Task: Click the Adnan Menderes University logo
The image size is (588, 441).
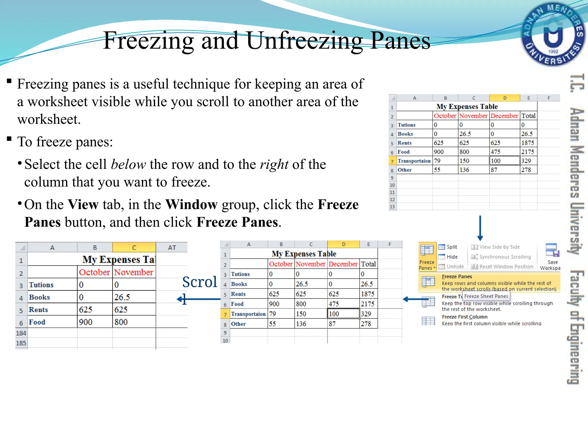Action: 553,34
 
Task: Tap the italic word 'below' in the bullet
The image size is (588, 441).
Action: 128,165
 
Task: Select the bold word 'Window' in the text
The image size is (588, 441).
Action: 192,205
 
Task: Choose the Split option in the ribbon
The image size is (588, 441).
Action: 452,247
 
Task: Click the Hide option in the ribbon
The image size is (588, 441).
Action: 452,257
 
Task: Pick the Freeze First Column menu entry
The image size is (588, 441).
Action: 465,317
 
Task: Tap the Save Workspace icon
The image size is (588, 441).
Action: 552,250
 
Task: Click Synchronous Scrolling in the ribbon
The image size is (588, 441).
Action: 505,257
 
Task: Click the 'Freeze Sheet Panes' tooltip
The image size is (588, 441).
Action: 486,296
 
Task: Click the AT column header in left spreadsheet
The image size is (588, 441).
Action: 172,247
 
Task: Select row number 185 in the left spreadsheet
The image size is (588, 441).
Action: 21,343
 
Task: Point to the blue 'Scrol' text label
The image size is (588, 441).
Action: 200,282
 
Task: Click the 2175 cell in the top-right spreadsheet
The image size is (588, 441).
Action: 528,152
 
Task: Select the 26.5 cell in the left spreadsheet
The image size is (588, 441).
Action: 122,297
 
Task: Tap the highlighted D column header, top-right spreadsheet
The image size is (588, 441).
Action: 504,98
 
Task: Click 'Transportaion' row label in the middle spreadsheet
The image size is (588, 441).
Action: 248,314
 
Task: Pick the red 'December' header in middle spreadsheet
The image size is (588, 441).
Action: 343,264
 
